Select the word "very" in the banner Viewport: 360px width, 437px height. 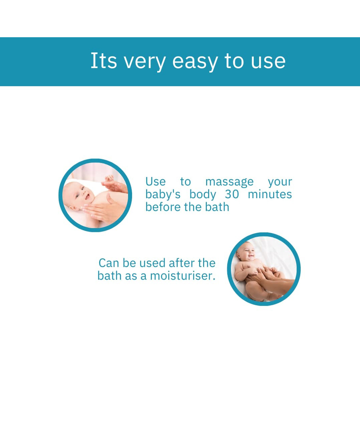[x=145, y=62]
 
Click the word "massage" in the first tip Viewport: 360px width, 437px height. [x=230, y=182]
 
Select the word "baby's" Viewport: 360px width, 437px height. [x=163, y=195]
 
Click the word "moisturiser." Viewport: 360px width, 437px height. [x=183, y=276]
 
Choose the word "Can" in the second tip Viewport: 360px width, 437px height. [x=109, y=263]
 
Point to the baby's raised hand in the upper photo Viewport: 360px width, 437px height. [x=109, y=178]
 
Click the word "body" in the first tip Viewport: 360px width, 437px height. [x=202, y=195]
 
